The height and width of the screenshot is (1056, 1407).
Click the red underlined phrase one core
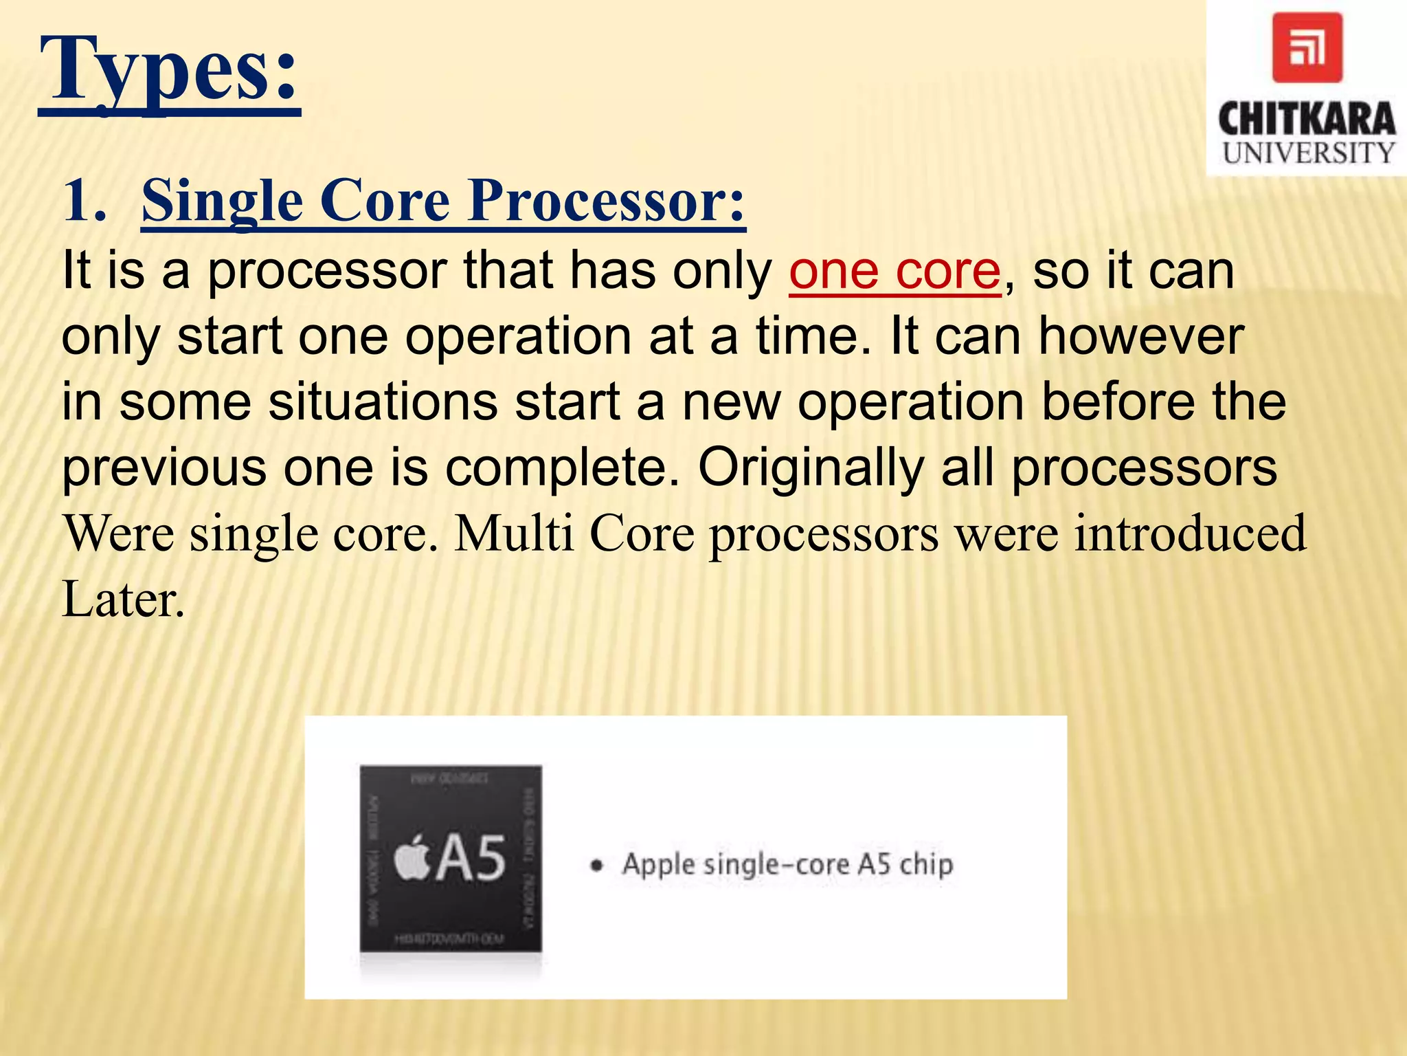pos(894,271)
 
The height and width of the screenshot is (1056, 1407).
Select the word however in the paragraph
pos(1140,337)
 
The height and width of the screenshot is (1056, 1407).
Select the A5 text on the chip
pos(471,858)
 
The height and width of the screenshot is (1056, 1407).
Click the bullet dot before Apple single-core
pos(597,866)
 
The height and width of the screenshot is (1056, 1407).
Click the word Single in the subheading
pos(222,201)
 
